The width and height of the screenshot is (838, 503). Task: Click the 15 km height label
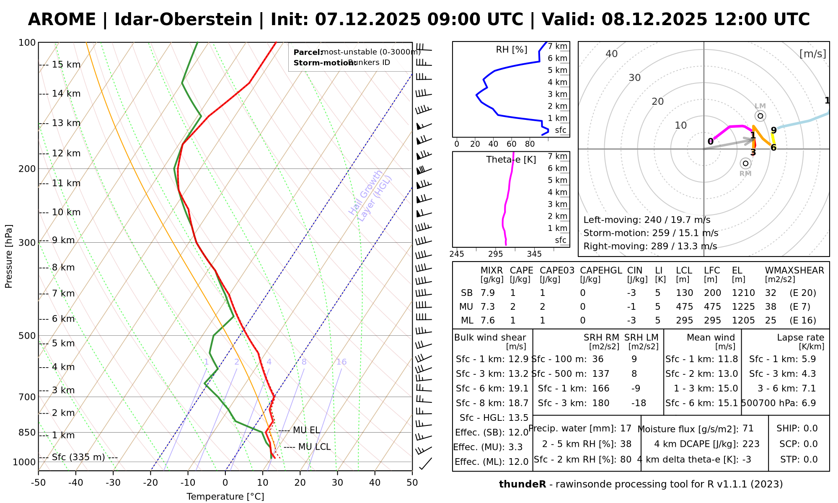tap(66, 65)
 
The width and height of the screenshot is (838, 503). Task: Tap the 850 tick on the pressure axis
tap(27, 432)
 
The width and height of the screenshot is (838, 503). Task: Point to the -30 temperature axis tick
tap(113, 483)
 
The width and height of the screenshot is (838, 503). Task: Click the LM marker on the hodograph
tap(760, 116)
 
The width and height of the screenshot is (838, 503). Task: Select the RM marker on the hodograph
tap(745, 163)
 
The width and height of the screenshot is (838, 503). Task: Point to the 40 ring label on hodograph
tap(612, 54)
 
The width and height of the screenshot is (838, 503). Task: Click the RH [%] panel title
tap(511, 49)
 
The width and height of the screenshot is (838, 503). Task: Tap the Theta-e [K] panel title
tap(511, 160)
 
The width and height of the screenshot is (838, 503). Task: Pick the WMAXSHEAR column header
tap(794, 270)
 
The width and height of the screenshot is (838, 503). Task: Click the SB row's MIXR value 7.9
tap(488, 293)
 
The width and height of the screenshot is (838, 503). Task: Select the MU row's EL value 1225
tap(743, 307)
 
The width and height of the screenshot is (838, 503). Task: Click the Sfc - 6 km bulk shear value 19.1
tap(518, 389)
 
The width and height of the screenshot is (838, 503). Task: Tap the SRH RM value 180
tap(600, 403)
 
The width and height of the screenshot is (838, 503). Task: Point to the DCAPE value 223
tap(751, 444)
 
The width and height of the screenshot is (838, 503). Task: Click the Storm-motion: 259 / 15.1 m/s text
tap(651, 233)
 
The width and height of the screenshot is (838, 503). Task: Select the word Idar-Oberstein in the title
tap(183, 19)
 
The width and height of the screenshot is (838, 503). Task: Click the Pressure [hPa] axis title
tap(9, 256)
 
